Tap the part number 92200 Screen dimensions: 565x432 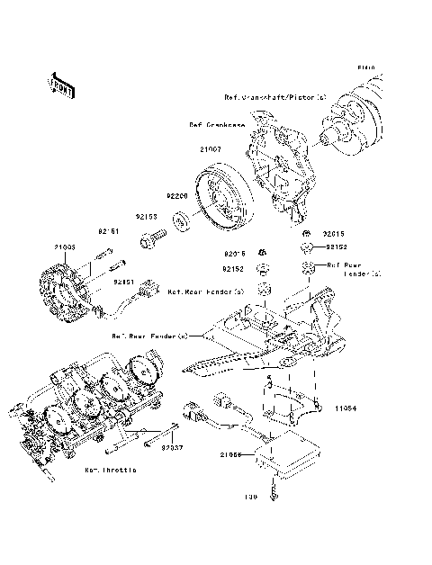[x=175, y=194]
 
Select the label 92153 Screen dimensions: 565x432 [x=147, y=217]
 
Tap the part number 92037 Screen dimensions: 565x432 [x=173, y=445]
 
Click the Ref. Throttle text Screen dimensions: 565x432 [x=111, y=471]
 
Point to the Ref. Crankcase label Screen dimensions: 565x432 [x=217, y=125]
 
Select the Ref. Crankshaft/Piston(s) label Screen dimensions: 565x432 [x=275, y=95]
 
